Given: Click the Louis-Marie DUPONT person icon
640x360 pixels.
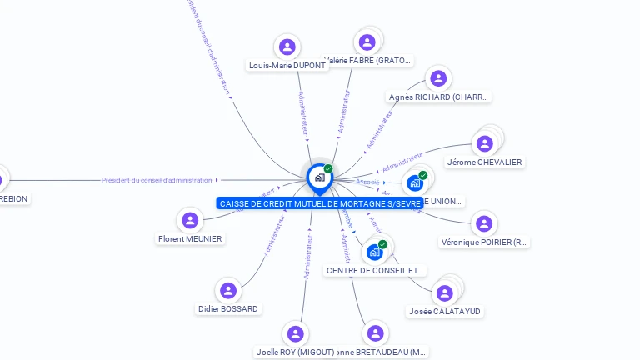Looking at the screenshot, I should click(287, 47).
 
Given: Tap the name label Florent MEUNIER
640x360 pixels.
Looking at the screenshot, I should click(190, 239).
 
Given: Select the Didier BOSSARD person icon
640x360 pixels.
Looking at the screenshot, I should click(227, 291).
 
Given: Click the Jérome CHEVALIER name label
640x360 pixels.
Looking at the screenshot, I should click(484, 162).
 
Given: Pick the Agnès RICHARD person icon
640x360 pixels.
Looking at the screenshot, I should click(438, 78).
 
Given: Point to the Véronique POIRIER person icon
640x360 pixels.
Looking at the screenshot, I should click(483, 223).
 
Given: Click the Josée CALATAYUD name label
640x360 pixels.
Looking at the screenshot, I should click(445, 312).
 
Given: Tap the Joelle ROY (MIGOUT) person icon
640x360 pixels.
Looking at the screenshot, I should click(295, 333).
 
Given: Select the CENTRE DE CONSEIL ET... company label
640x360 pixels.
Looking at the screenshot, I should click(374, 271).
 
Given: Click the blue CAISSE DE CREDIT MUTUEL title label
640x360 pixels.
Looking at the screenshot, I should click(320, 203).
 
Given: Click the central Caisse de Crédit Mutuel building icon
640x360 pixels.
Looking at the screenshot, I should click(319, 177).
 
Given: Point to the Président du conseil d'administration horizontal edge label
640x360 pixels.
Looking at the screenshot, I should click(157, 180).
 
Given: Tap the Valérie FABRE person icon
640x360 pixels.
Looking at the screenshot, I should click(366, 42).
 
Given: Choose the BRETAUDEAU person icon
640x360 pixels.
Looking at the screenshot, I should click(376, 333).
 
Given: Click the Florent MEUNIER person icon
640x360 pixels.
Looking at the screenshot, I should click(190, 220).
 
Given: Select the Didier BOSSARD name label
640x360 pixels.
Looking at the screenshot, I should click(227, 309).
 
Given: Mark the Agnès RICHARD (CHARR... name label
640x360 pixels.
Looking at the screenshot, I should click(438, 97).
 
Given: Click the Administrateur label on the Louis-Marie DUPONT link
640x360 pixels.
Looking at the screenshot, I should click(303, 112).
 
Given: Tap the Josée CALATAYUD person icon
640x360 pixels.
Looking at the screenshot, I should click(445, 292).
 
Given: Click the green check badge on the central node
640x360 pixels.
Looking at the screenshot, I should click(328, 168).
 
